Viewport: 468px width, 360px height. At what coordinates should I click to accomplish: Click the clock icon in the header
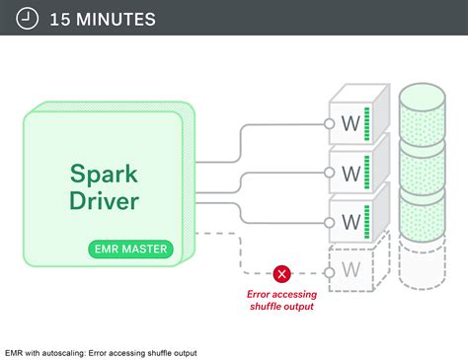tap(28, 19)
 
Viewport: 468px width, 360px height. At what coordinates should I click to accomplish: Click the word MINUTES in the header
tap(114, 19)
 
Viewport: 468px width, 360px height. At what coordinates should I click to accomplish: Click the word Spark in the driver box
tap(104, 174)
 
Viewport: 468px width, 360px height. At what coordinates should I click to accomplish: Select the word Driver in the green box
tap(104, 201)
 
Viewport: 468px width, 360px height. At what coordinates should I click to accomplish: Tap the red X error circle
tap(282, 274)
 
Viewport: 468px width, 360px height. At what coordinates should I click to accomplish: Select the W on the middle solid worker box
tap(351, 174)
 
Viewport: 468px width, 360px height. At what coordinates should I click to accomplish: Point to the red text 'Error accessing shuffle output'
tap(280, 299)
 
